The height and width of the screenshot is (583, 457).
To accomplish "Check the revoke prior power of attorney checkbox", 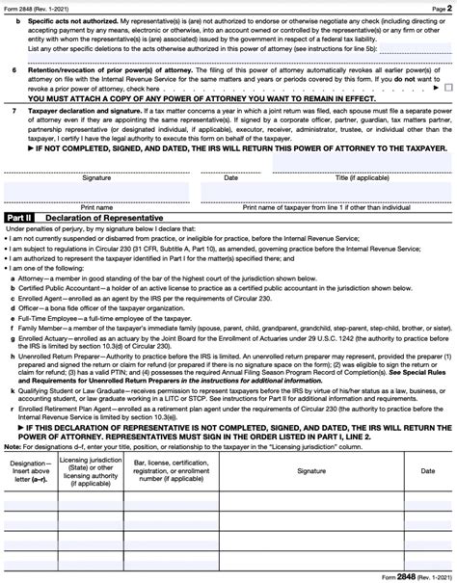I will click(447, 87).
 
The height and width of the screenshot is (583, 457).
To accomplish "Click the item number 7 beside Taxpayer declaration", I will click(12, 112).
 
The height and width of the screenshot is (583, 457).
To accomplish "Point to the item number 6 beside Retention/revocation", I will click(12, 70).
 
